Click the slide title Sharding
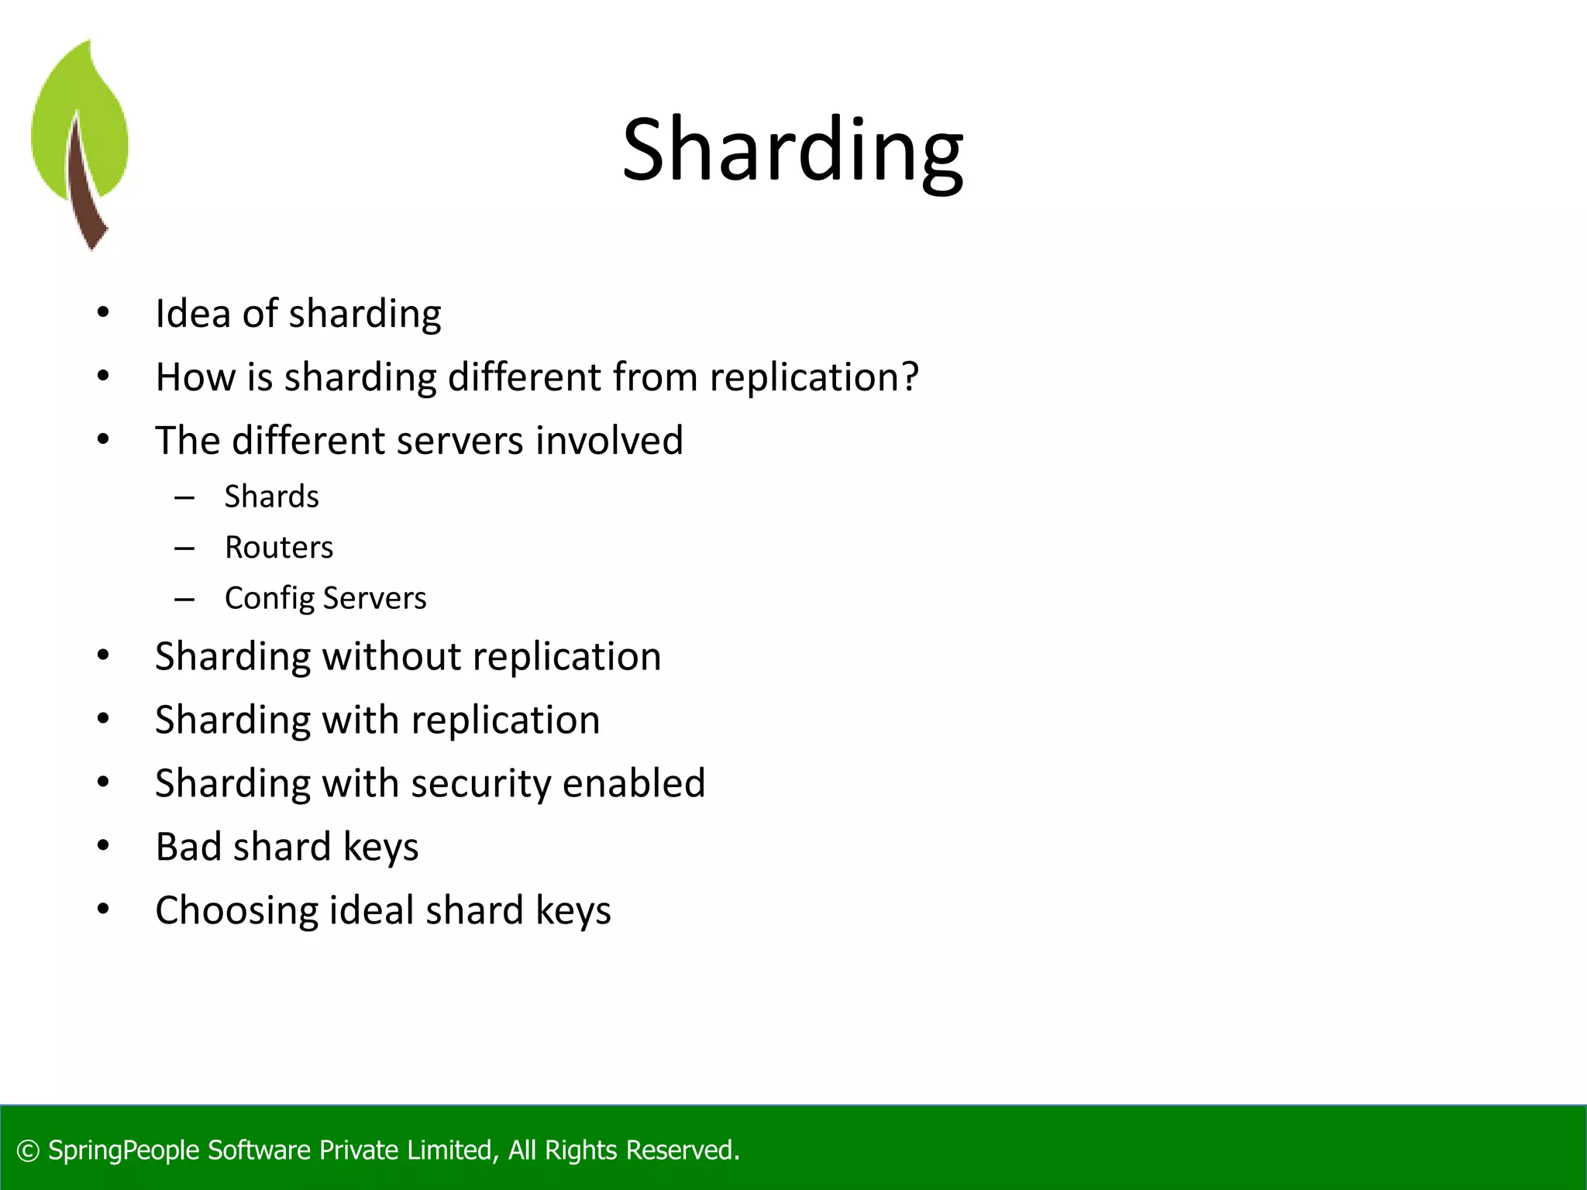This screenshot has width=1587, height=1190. pyautogui.click(x=793, y=150)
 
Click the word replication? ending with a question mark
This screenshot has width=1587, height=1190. pyautogui.click(x=814, y=377)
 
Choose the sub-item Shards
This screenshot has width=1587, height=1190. pyautogui.click(x=271, y=497)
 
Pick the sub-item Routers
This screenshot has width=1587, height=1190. pyautogui.click(x=279, y=548)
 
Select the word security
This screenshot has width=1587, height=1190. pyautogui.click(x=480, y=783)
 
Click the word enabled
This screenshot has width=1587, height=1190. pyautogui.click(x=634, y=783)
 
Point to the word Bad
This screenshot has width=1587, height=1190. pyautogui.click(x=188, y=847)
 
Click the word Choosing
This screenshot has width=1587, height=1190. pyautogui.click(x=236, y=910)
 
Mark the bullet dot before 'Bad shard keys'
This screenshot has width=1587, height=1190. pyautogui.click(x=103, y=846)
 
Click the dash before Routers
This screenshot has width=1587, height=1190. pyautogui.click(x=184, y=549)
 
